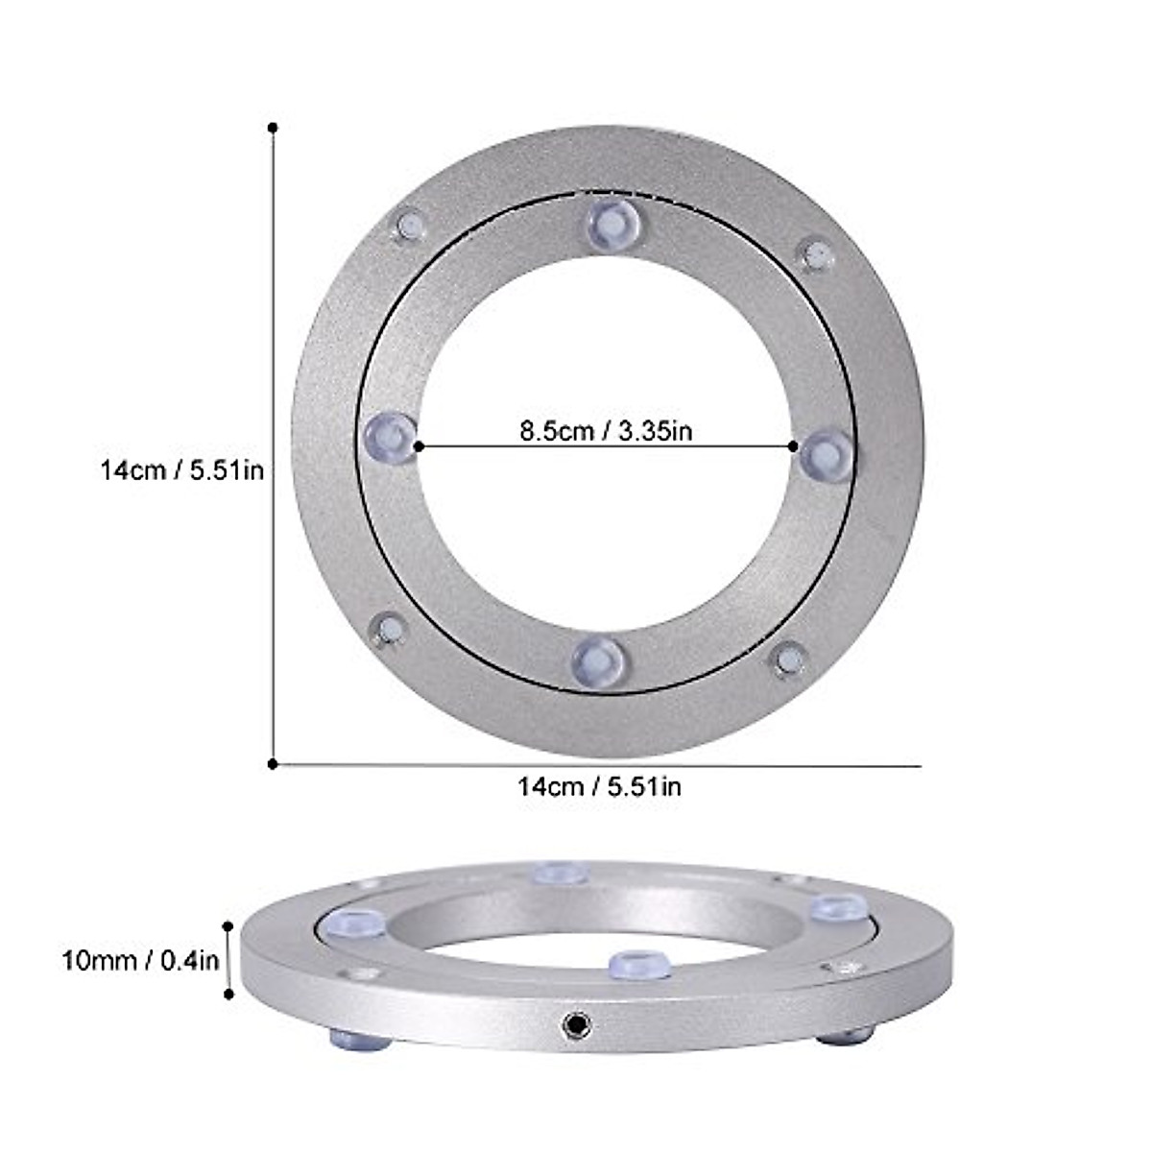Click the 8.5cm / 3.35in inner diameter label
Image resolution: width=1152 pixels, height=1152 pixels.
point(606,431)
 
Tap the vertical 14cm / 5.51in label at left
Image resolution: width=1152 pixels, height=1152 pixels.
point(182,470)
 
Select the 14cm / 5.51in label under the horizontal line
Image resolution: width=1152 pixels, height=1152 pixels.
point(600,787)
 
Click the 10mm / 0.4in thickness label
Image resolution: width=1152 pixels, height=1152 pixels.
point(142,960)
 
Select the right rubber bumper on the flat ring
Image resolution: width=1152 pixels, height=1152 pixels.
point(826,454)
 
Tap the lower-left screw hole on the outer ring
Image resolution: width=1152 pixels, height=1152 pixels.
point(389,630)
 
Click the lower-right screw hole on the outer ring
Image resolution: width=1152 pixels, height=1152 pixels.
point(789,659)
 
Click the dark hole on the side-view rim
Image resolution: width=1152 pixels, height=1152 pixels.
point(575,1027)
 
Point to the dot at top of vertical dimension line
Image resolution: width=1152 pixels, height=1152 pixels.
point(273,127)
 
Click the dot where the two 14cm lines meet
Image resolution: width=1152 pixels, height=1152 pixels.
point(273,763)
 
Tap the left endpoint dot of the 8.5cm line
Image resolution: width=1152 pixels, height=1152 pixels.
point(419,445)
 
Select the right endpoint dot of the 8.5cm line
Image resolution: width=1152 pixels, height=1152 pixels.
point(793,445)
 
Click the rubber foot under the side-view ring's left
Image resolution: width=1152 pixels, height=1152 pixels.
point(360,1038)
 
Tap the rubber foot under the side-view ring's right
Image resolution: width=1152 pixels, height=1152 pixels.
point(845,1036)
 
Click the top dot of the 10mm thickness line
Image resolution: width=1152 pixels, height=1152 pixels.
point(228,926)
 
